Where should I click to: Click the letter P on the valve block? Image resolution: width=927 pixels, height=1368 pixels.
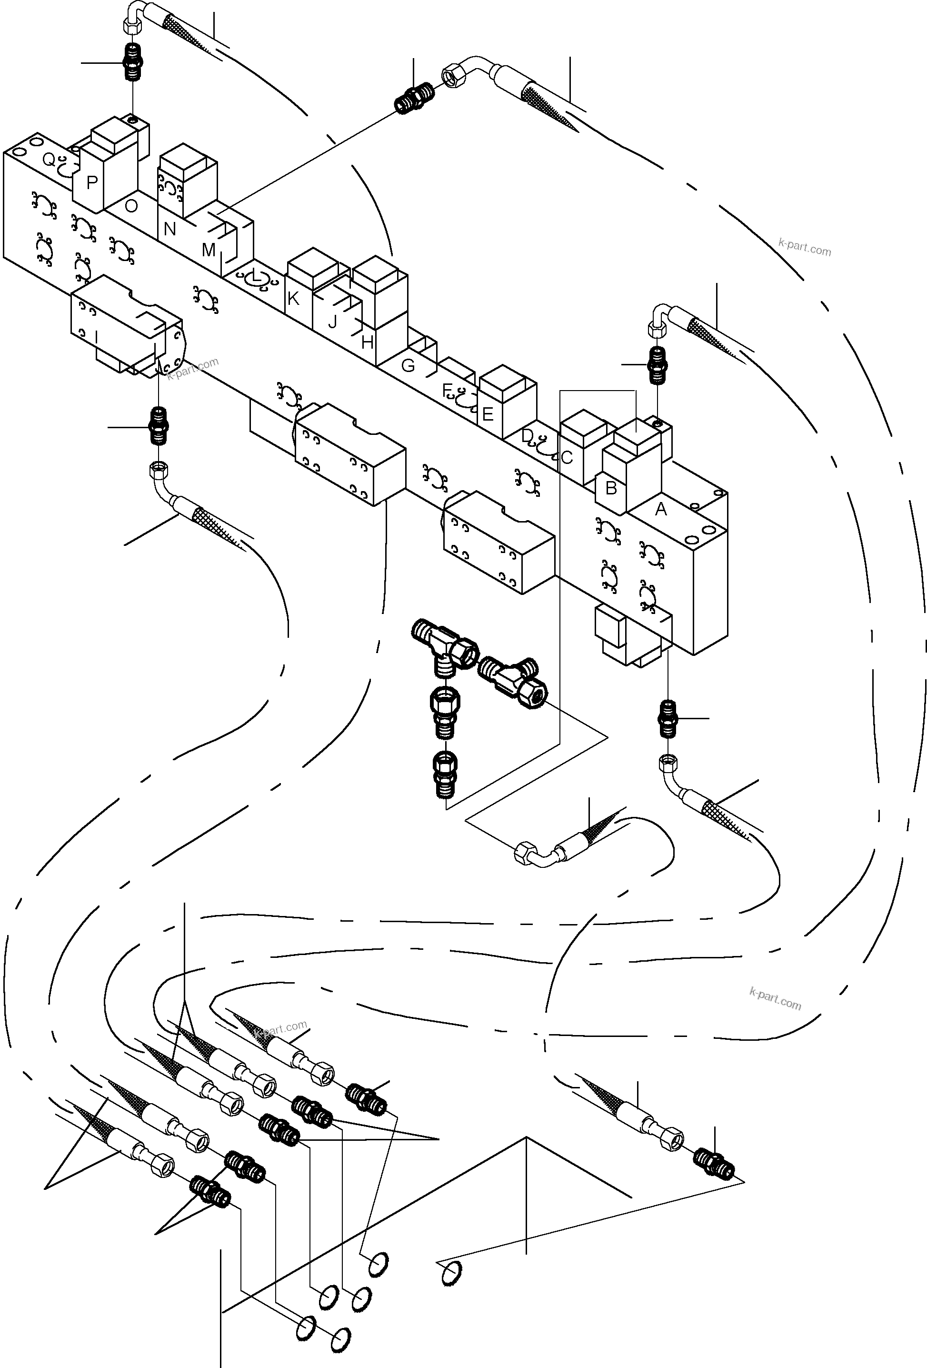[92, 182]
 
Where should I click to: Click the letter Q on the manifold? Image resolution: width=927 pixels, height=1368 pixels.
[49, 160]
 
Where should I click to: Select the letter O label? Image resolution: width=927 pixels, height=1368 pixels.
[131, 205]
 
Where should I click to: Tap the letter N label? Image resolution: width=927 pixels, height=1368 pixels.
[169, 229]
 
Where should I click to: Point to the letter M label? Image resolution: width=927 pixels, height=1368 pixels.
[209, 250]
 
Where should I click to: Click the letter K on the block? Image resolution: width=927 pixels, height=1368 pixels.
[293, 299]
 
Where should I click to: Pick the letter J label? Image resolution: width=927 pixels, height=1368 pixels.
[332, 322]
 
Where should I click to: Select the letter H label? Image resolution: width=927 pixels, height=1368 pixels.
[367, 342]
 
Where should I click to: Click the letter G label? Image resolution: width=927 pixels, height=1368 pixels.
[408, 365]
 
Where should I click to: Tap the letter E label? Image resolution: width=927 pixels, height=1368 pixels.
[488, 414]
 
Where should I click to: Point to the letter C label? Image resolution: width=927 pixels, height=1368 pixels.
[567, 457]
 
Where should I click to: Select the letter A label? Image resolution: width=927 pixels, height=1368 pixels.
[661, 509]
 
